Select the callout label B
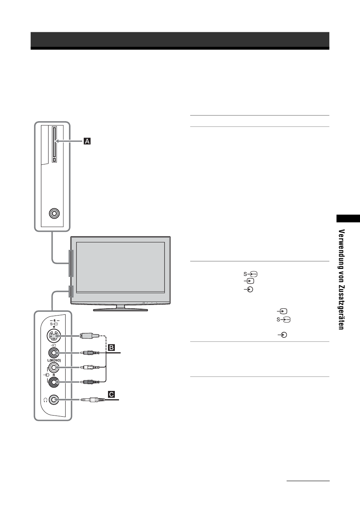111,347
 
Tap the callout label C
111,394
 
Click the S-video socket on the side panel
54,336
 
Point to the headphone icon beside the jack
45,400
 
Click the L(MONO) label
54,361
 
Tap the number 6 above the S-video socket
55,320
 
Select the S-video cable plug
89,336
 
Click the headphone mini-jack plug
92,400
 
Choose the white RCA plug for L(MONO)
89,367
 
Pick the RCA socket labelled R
54,382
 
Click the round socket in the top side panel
54,213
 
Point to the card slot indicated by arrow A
54,145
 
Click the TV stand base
121,309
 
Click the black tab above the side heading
348,218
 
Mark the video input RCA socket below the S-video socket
54,353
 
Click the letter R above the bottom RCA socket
54,375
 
